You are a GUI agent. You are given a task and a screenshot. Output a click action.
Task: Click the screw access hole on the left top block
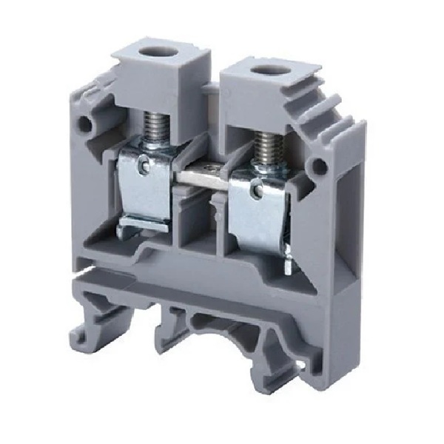[x=157, y=53]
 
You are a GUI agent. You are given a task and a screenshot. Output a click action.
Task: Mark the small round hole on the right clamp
[x=255, y=191]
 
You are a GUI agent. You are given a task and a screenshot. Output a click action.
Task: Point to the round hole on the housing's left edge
[x=88, y=126]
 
